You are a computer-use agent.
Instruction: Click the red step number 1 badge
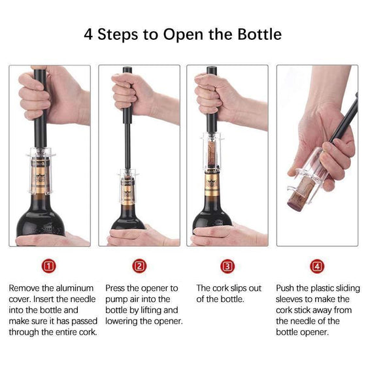49,266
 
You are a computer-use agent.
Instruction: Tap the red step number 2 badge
139,266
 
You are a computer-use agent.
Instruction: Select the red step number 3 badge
227,266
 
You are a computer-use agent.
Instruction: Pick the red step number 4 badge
317,266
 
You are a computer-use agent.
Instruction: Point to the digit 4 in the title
88,35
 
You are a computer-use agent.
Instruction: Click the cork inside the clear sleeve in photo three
212,154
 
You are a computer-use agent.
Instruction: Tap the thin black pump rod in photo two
127,146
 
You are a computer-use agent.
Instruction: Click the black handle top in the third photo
212,71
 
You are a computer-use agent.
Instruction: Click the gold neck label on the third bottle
212,184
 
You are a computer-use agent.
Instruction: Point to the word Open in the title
183,35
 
